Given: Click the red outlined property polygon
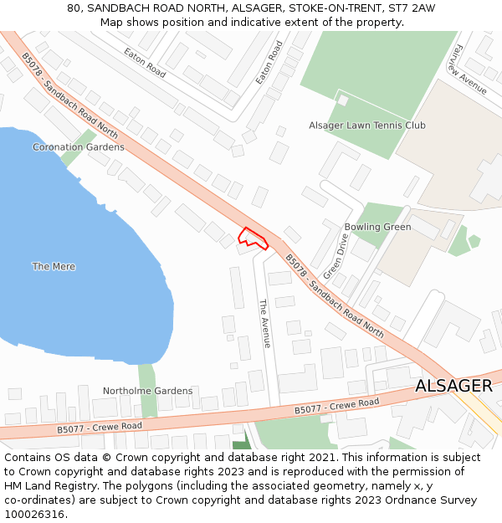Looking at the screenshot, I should [x=253, y=238].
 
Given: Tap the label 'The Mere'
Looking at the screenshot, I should [x=54, y=267].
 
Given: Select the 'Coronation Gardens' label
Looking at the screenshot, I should [x=79, y=147].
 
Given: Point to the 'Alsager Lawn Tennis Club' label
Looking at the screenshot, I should [x=367, y=126].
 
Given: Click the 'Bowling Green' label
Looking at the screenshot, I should [x=377, y=227].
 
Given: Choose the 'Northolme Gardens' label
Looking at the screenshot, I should [x=147, y=391].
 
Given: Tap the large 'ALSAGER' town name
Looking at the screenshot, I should [x=453, y=386].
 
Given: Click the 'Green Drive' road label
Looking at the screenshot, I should [x=336, y=256].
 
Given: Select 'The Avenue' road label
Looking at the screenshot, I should [x=264, y=324].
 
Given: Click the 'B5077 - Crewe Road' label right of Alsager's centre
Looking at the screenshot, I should [x=336, y=406].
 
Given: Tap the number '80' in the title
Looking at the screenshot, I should [x=74, y=8].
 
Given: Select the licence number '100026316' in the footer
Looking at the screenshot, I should [x=34, y=515].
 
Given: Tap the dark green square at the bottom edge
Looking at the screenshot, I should [x=241, y=445].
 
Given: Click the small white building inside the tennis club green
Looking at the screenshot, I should [x=343, y=100].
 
